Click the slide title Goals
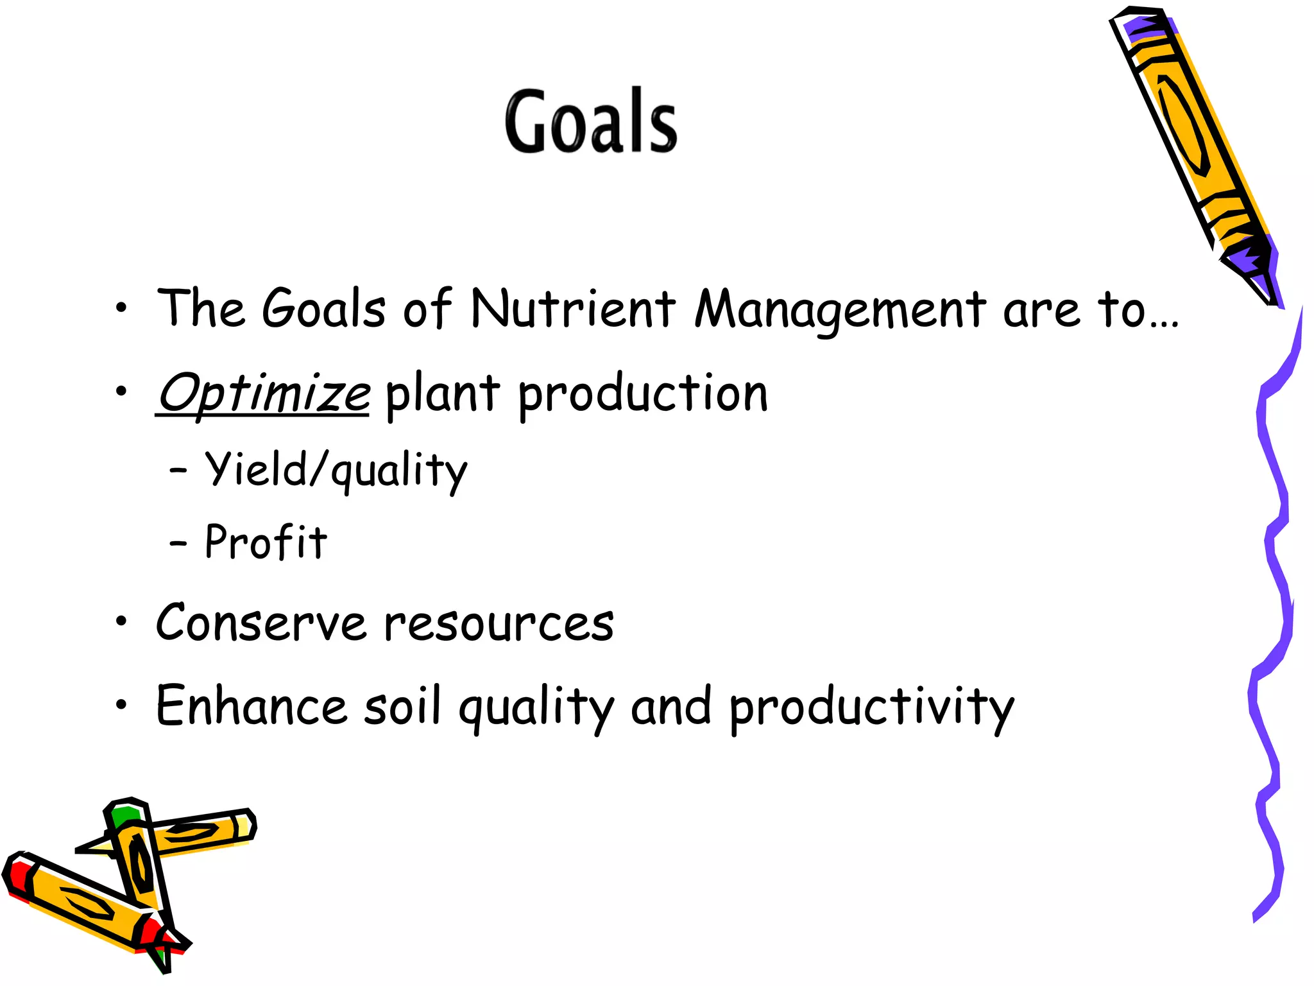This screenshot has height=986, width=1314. (x=590, y=122)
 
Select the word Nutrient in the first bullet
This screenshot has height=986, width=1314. (x=572, y=309)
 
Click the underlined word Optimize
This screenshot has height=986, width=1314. (x=263, y=393)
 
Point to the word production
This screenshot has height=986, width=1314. (x=642, y=394)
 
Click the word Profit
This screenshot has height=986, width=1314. (x=266, y=542)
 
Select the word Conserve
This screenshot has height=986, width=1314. (x=261, y=623)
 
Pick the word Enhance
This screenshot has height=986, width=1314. (x=252, y=706)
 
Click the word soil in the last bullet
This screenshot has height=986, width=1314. (x=402, y=706)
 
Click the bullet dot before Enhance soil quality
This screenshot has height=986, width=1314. (x=121, y=705)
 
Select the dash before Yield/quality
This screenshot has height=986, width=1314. (x=178, y=471)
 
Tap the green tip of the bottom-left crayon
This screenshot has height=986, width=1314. (x=123, y=817)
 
